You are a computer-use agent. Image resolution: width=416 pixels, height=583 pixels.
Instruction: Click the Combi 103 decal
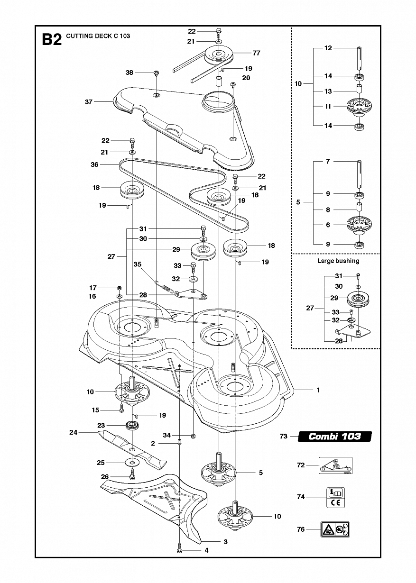coord(334,437)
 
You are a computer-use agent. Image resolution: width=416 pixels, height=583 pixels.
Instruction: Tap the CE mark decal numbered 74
coord(335,497)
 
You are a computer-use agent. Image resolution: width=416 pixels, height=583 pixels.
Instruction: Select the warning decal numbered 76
coord(335,529)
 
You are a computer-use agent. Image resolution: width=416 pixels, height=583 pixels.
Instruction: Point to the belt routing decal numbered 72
coord(335,465)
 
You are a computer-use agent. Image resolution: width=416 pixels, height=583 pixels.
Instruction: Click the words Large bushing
coord(338,261)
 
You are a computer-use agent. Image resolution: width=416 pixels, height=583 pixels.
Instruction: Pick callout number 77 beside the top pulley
coord(256,53)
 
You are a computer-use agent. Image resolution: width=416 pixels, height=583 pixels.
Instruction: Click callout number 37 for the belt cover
coord(89,102)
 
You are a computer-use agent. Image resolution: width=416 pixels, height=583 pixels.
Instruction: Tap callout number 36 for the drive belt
coord(94,164)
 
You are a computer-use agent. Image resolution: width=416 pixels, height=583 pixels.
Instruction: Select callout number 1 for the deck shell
coord(318,390)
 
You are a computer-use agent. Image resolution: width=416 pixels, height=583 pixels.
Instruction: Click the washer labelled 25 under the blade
coord(132,462)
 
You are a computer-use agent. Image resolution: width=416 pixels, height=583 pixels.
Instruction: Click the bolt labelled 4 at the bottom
coord(179,549)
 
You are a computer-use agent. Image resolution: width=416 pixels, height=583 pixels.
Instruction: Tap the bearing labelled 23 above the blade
coord(131,425)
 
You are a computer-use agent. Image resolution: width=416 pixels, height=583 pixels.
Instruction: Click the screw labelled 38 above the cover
coord(156,73)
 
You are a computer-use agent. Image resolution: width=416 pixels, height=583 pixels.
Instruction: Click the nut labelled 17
coord(119,288)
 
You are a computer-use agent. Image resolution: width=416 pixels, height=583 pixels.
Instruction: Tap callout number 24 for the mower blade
coord(73,432)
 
